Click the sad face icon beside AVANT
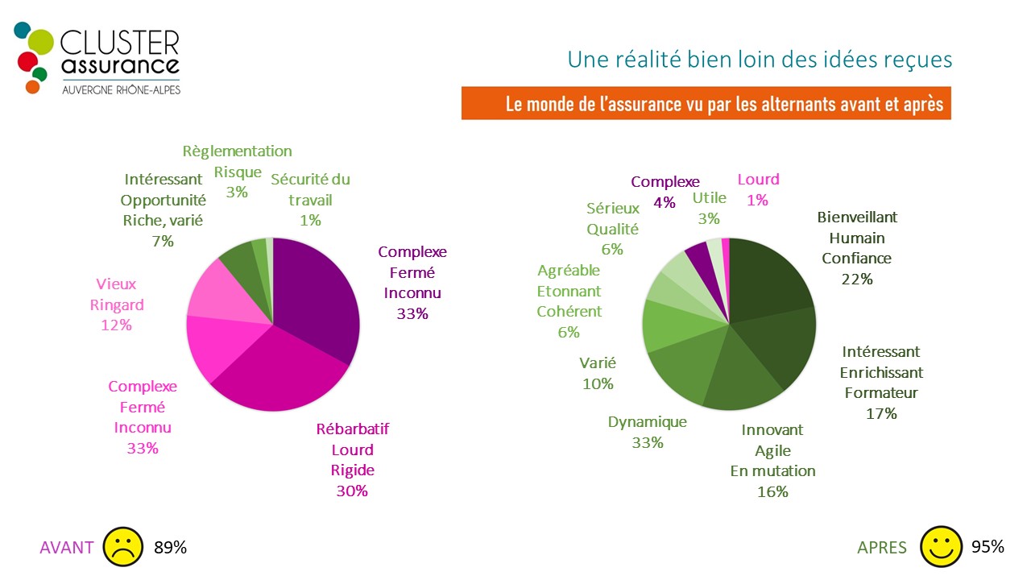click(x=122, y=547)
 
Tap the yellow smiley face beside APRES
click(x=942, y=547)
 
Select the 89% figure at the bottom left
click(x=170, y=548)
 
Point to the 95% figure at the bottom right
click(x=988, y=547)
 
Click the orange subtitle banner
click(x=706, y=104)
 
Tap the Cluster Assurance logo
click(x=97, y=59)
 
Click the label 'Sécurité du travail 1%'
click(x=310, y=200)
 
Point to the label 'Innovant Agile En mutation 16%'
click(x=772, y=461)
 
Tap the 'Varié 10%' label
click(x=597, y=373)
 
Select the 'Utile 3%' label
click(x=709, y=208)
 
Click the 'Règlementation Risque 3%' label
click(x=237, y=172)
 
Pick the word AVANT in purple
click(x=67, y=548)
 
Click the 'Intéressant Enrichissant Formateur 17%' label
click(x=881, y=383)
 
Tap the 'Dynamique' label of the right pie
click(x=647, y=422)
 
